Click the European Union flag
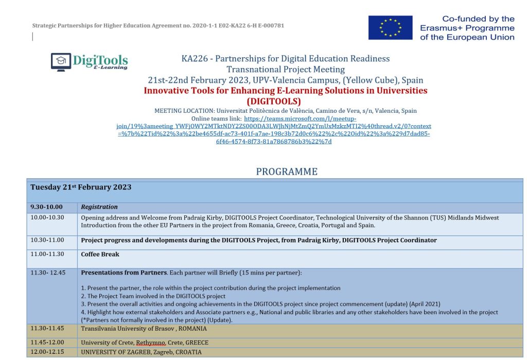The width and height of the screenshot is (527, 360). point(390,28)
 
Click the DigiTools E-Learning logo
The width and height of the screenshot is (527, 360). point(90,62)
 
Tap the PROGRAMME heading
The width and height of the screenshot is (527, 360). point(287,172)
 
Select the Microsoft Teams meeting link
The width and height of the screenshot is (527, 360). point(274,126)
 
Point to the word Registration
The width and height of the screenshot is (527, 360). point(99,207)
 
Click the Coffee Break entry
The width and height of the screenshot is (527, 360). point(100,254)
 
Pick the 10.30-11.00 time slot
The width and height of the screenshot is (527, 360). point(47,240)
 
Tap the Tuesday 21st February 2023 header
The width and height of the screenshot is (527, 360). point(81,187)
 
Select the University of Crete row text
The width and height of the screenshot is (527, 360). point(145,342)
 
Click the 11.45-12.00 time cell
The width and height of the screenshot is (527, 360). point(47,342)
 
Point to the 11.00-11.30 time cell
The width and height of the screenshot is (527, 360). point(47,254)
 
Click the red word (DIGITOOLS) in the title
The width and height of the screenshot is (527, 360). point(274,101)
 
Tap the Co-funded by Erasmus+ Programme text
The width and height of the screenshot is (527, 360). point(467,28)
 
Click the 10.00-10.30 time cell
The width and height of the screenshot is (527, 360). point(47,218)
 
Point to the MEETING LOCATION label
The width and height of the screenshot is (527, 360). point(184,111)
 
